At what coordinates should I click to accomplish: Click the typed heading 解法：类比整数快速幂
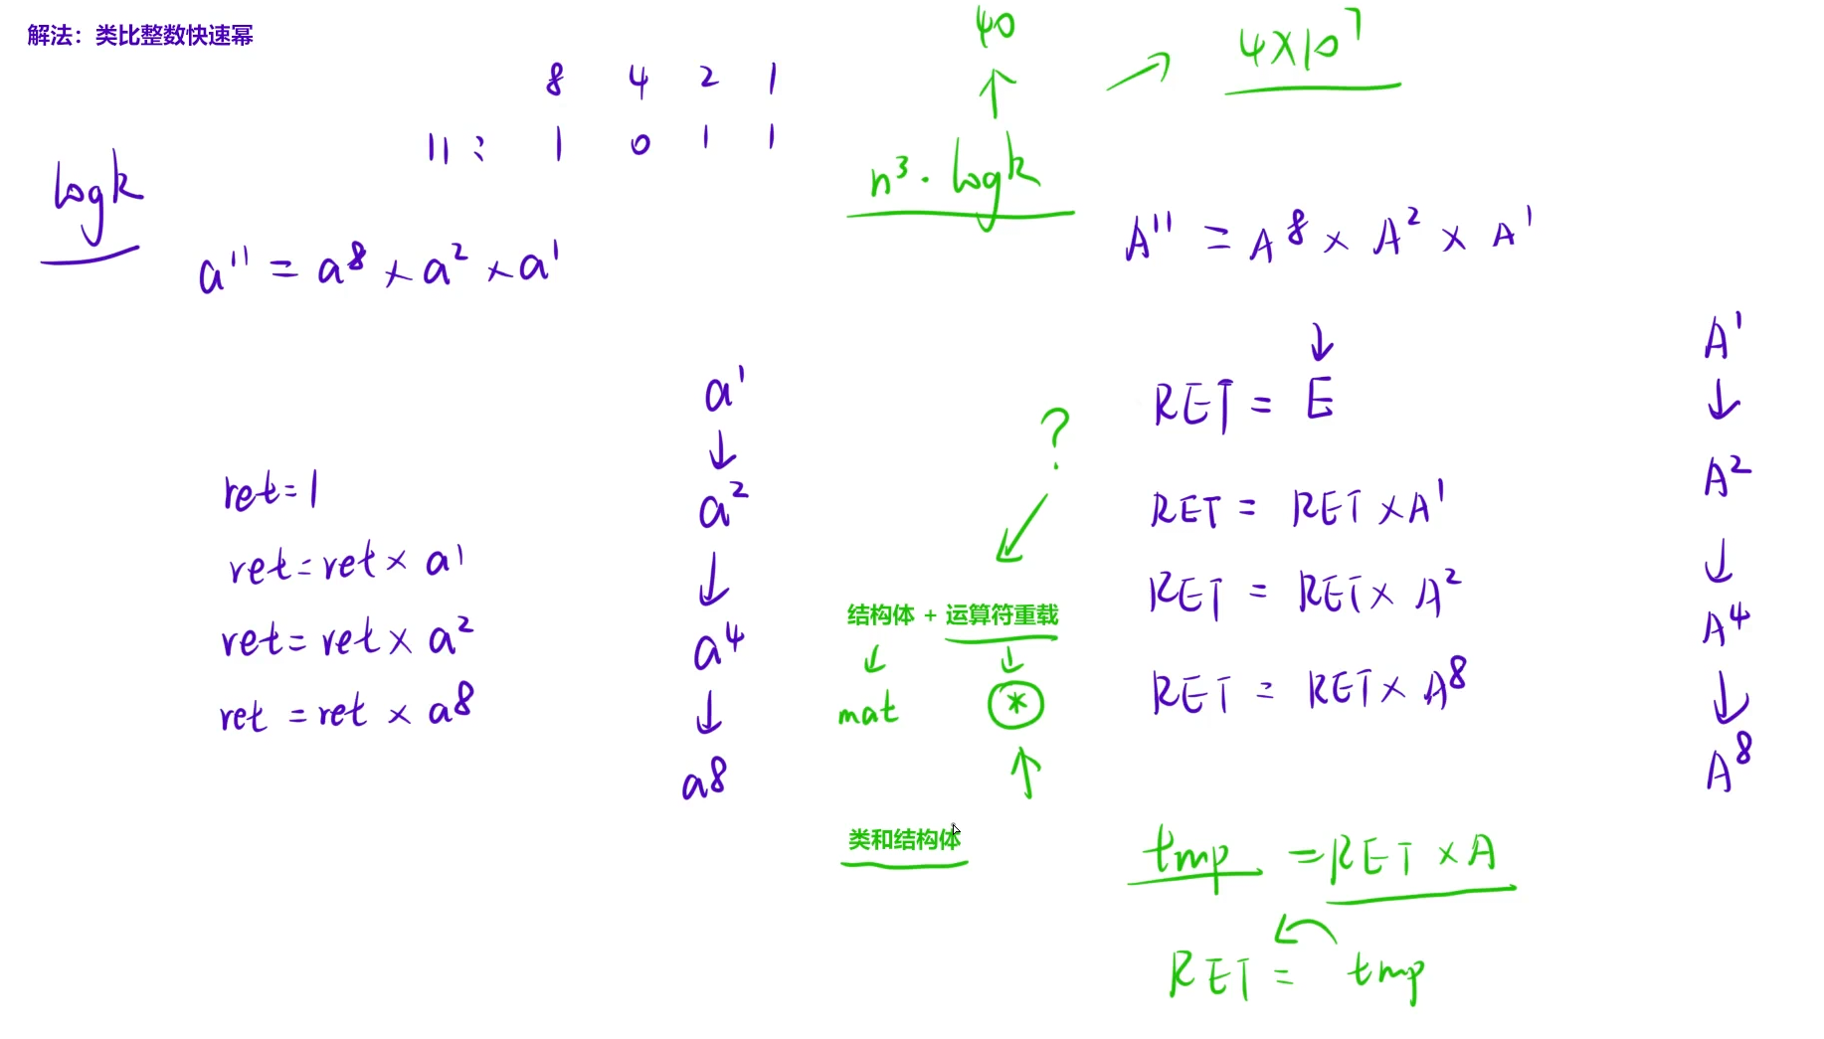(140, 36)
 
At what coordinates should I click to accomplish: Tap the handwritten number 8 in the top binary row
(555, 80)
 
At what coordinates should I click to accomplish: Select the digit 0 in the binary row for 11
(639, 144)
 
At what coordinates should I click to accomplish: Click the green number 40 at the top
(995, 26)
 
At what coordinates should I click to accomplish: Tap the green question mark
(1055, 434)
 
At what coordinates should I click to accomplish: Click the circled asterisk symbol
(1015, 705)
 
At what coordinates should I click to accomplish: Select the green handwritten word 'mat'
(867, 711)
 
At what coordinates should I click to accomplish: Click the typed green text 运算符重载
(1002, 615)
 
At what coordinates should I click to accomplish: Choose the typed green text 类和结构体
(904, 840)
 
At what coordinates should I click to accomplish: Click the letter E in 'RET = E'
(1320, 401)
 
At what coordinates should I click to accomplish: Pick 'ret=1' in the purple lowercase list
(271, 491)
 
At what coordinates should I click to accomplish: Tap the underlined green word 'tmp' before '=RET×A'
(1188, 854)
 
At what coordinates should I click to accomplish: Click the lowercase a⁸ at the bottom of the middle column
(704, 780)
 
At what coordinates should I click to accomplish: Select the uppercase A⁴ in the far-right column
(1726, 624)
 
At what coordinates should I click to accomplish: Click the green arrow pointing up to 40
(996, 92)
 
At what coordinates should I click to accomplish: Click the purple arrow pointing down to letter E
(1322, 342)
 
